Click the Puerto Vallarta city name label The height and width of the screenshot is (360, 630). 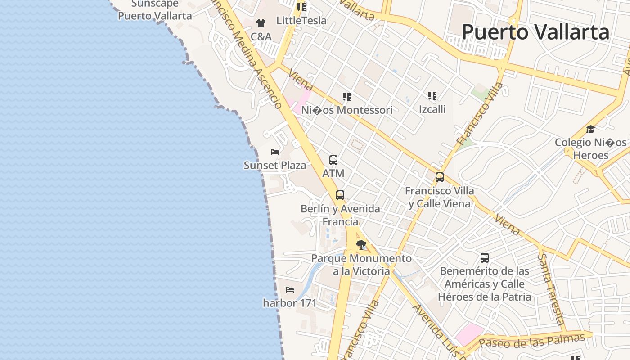tap(535, 32)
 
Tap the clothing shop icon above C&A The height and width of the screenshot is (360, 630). tap(261, 23)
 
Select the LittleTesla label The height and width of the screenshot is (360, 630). tap(301, 20)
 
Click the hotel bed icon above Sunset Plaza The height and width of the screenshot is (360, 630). tap(275, 152)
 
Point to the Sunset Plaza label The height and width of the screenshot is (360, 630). tap(275, 165)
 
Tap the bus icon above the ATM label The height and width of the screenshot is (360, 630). tap(333, 160)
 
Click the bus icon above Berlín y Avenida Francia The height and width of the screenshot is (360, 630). tap(340, 195)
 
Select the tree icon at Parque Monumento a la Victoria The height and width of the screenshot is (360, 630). tap(361, 245)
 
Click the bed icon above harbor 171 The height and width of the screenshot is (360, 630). tap(290, 290)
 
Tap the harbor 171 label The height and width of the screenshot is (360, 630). tap(290, 303)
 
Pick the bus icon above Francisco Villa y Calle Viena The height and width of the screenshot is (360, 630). tap(440, 177)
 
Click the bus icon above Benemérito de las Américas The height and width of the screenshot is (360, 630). tap(485, 258)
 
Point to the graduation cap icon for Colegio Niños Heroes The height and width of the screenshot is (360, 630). tap(590, 130)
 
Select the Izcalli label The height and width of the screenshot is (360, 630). tap(432, 109)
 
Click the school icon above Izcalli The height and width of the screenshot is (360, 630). tap(432, 95)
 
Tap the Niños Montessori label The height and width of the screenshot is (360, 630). tap(346, 110)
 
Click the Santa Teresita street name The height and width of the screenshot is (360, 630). tap(552, 288)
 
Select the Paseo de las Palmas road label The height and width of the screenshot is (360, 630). tap(531, 341)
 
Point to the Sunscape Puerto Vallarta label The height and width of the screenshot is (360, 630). tap(155, 10)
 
